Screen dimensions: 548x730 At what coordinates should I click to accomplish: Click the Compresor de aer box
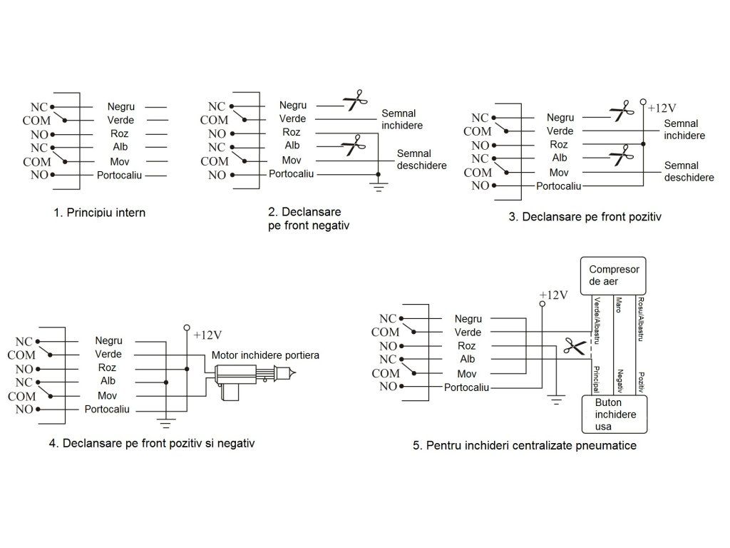614,275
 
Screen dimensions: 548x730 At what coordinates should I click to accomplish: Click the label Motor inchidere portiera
265,355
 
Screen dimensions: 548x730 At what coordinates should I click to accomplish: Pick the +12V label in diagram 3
662,108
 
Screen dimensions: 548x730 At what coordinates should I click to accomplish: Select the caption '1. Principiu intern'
104,213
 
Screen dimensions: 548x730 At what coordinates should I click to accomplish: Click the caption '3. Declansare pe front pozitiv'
585,216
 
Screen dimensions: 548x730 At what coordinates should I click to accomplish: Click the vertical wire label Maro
619,305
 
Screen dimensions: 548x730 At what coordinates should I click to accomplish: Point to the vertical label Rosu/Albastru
642,319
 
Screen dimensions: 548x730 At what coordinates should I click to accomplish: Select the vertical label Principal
596,379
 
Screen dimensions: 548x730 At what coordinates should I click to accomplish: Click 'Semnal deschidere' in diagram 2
421,160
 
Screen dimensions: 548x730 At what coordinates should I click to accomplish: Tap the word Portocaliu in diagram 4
107,409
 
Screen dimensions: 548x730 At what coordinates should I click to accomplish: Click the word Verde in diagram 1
120,120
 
